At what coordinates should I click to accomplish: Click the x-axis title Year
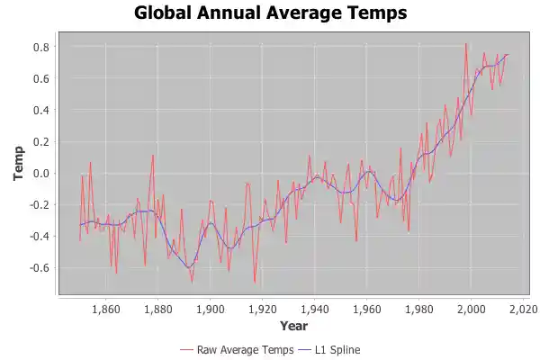(293, 325)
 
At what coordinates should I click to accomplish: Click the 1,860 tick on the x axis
(106, 308)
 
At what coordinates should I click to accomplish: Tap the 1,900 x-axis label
(211, 308)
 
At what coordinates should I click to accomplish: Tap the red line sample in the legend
(187, 348)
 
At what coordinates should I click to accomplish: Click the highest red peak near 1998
(465, 44)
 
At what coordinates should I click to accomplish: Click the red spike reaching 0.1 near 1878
(153, 156)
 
